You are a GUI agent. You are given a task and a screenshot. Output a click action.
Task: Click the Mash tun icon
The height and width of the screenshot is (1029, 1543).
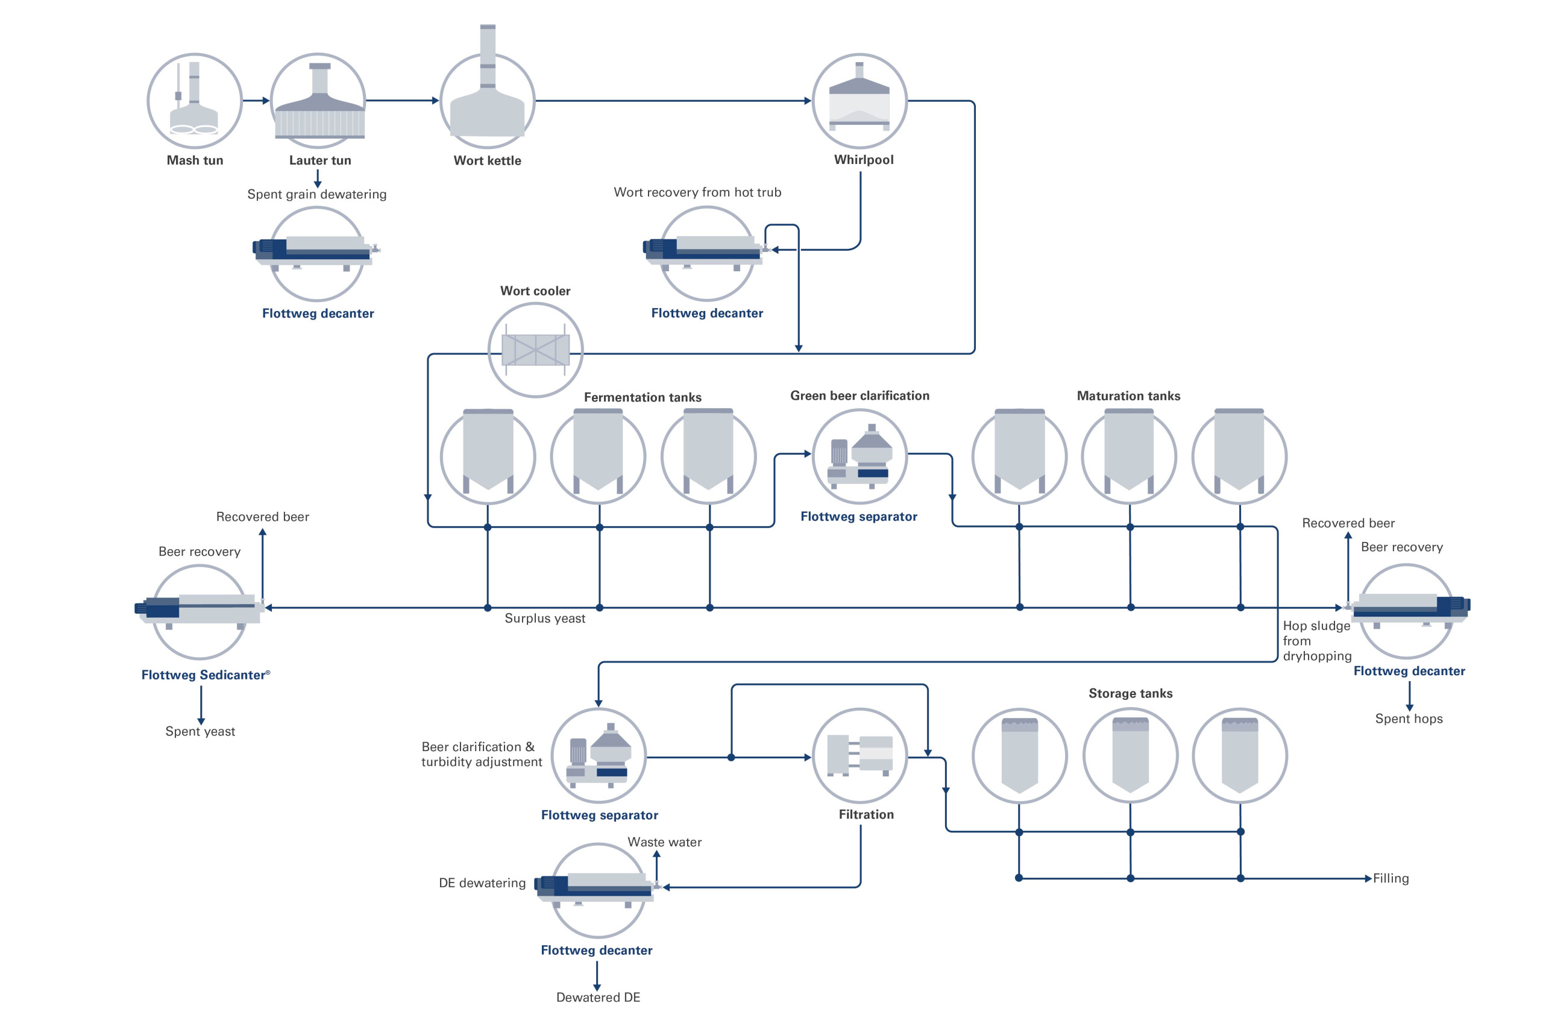(x=194, y=101)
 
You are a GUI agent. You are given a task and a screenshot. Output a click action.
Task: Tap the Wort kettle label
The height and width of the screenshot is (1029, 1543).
(x=487, y=161)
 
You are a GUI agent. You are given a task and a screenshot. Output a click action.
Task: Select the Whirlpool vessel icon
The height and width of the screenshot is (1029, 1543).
(x=859, y=101)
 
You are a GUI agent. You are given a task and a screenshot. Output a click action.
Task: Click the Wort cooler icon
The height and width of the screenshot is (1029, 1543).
(x=535, y=350)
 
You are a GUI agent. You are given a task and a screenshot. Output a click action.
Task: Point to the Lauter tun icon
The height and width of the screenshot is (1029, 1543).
(x=318, y=101)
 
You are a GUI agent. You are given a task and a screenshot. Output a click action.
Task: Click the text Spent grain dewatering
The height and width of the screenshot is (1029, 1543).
(x=317, y=194)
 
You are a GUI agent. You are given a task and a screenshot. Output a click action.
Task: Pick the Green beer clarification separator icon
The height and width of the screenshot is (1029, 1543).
(x=859, y=456)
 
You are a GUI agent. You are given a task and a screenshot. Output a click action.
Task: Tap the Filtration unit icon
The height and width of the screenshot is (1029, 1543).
(x=859, y=755)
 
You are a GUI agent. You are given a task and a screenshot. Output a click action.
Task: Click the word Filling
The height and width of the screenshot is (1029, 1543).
(x=1391, y=879)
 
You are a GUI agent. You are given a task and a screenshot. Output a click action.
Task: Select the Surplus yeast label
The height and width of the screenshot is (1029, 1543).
(x=544, y=618)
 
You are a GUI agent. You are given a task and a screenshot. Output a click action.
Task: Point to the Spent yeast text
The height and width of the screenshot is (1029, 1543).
(x=200, y=731)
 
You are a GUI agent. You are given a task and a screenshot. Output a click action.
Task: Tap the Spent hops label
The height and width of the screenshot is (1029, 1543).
(x=1409, y=719)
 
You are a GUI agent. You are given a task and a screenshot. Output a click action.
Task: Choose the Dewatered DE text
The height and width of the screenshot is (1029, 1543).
(x=598, y=998)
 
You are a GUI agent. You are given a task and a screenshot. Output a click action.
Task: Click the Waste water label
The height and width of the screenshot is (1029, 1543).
(x=665, y=842)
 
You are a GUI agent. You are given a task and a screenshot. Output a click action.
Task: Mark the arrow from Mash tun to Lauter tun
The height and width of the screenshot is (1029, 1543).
(x=256, y=101)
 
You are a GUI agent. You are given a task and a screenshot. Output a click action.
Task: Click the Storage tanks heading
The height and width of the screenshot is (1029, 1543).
(x=1130, y=694)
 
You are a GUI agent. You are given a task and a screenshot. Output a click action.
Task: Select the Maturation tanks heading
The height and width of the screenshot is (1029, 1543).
(x=1128, y=395)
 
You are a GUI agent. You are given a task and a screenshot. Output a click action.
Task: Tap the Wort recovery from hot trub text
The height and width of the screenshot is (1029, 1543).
(x=697, y=192)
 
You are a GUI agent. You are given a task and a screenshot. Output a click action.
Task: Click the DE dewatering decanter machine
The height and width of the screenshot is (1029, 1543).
(x=596, y=887)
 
